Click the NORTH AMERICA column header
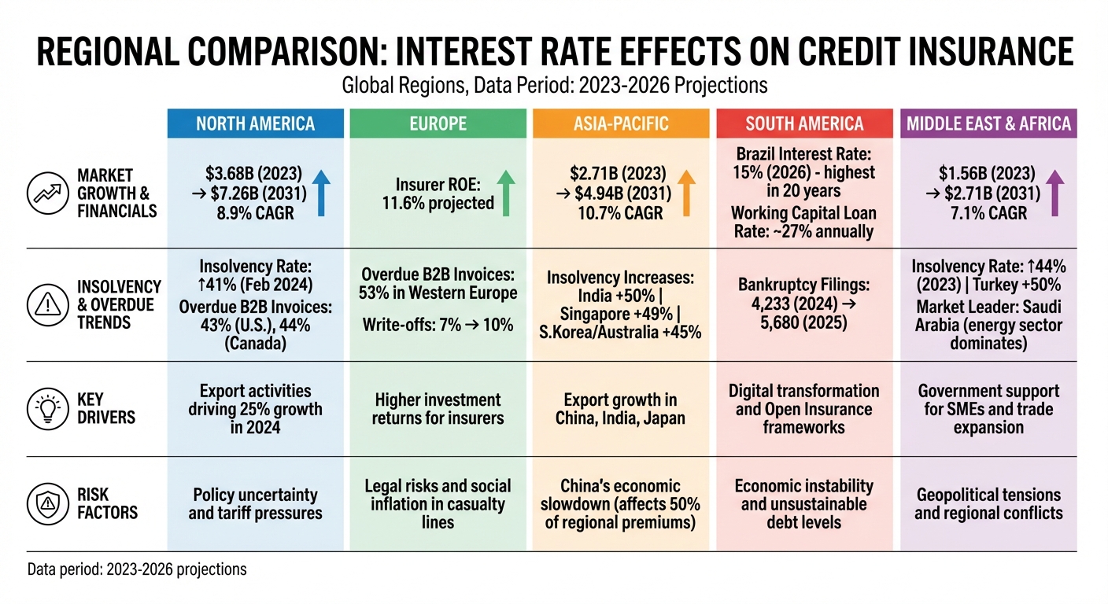[255, 123]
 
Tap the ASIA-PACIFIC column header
[622, 123]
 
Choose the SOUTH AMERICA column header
[804, 123]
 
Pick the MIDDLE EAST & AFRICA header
[988, 123]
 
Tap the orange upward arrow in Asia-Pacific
[687, 193]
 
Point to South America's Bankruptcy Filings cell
[804, 304]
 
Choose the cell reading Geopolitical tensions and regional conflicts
[988, 503]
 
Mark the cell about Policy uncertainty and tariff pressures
[255, 503]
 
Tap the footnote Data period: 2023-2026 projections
[137, 569]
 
